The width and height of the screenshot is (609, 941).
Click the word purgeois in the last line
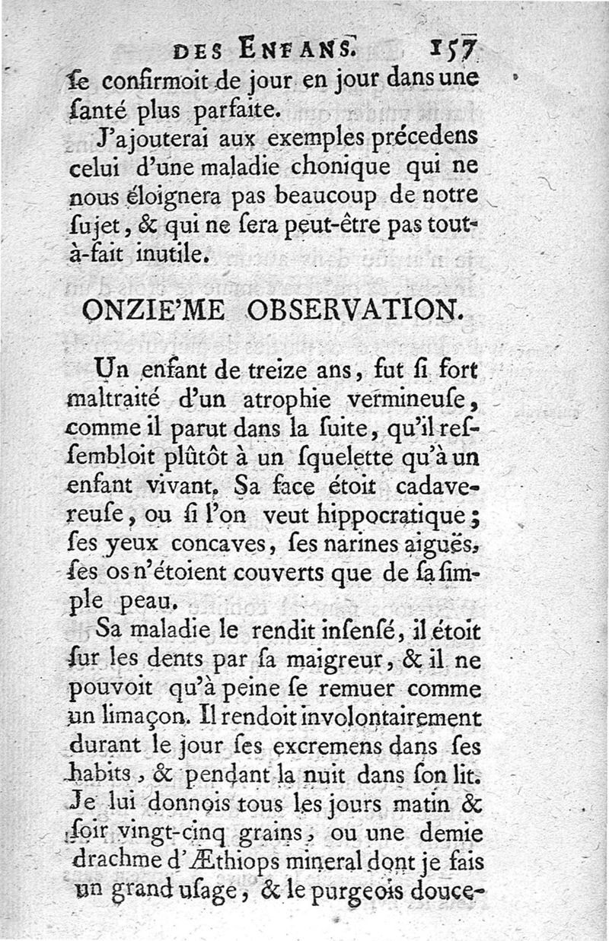[347, 889]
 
